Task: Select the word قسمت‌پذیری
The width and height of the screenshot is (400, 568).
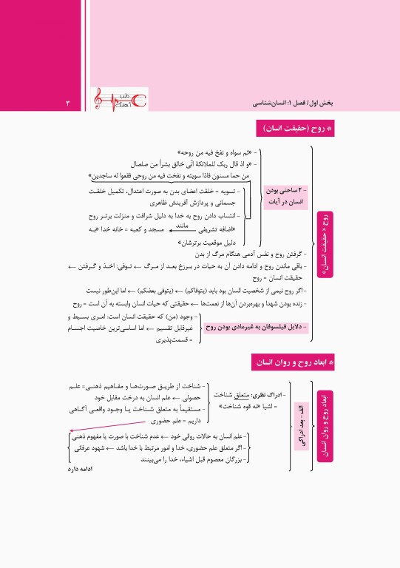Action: (174, 340)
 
